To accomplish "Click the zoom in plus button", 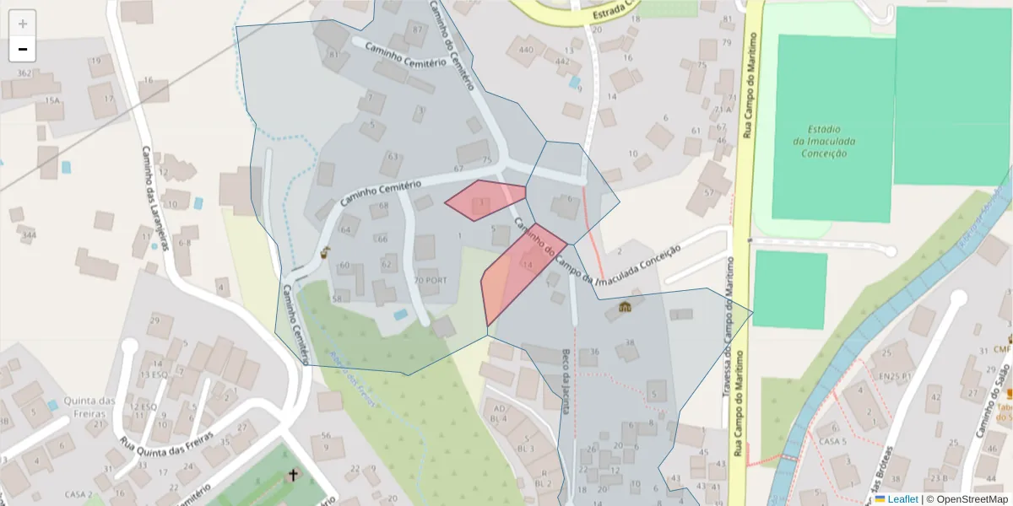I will pos(23,24).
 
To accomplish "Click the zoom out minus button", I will pos(23,50).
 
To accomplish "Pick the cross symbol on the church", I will pos(294,475).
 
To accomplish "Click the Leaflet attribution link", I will pos(902,499).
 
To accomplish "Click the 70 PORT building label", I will pos(431,280).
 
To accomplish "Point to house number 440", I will pos(527,50).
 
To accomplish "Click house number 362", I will pos(24,73).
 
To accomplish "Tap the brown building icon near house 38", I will pos(625,306).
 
